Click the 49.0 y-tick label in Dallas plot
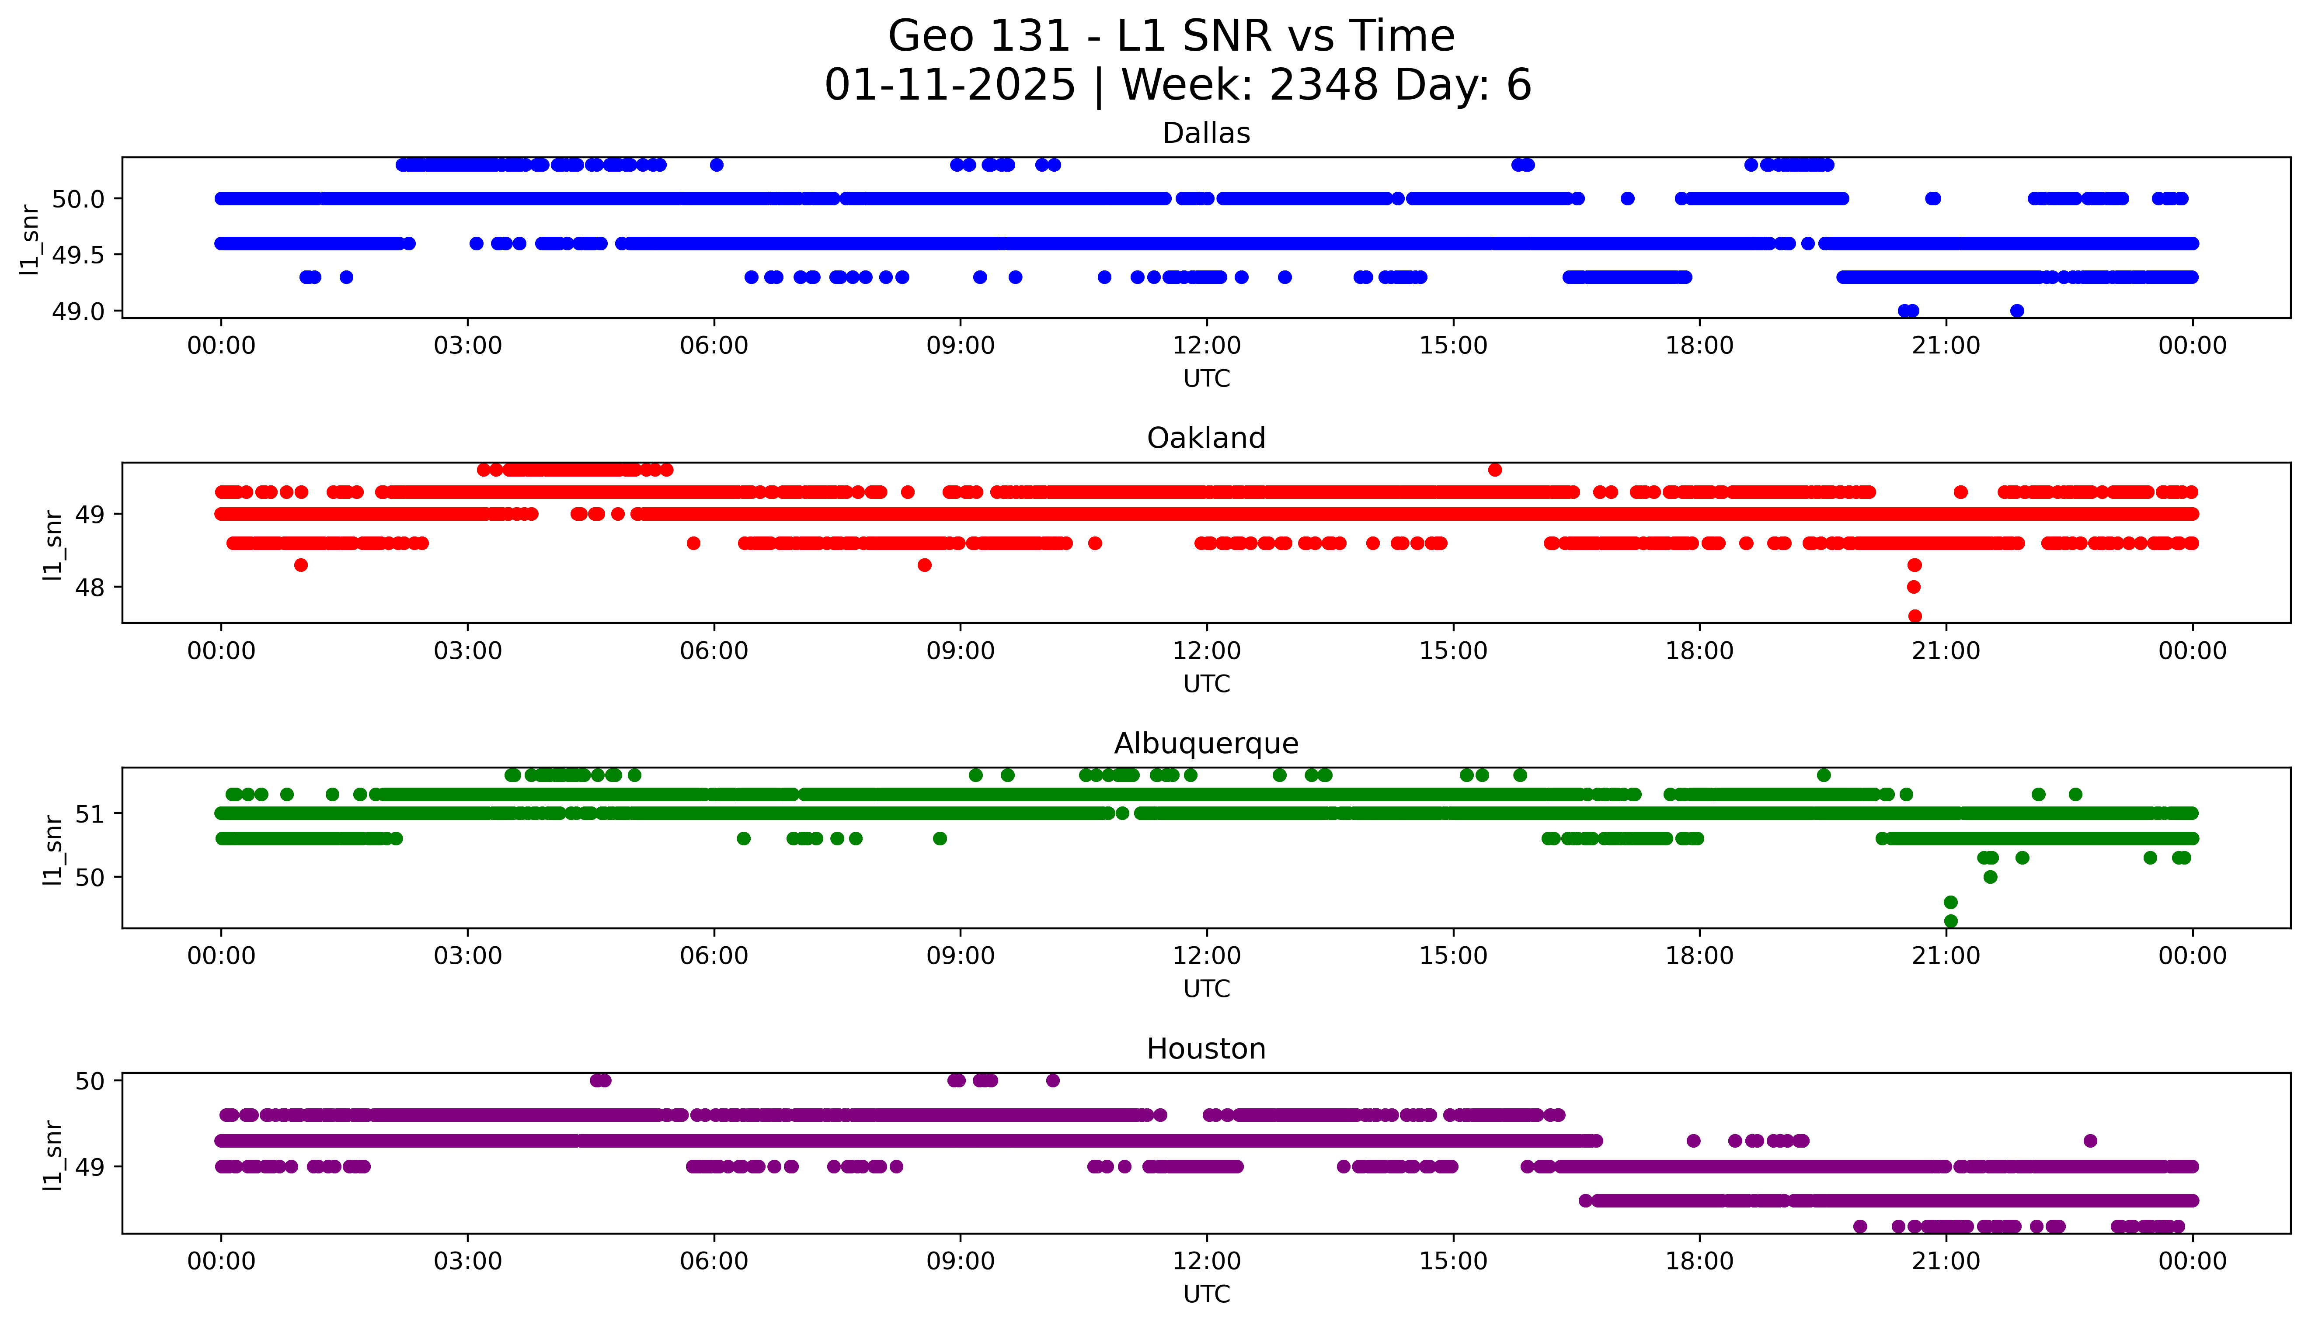(x=79, y=311)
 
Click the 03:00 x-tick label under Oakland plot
(x=468, y=652)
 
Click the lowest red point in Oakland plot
(x=1915, y=616)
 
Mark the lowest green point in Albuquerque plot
(x=1950, y=921)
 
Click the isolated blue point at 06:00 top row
(x=717, y=165)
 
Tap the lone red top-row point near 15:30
(x=1495, y=470)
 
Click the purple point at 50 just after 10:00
(x=1052, y=1081)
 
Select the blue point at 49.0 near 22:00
(x=2017, y=311)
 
